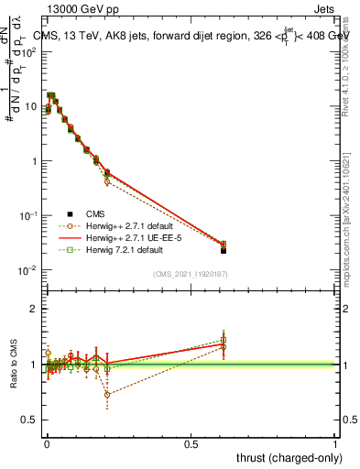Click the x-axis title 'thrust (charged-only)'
pos(285,457)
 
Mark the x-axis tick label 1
pos(335,443)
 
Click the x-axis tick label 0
pos(46,443)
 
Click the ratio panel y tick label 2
pos(33,309)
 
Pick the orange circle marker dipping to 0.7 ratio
pos(107,395)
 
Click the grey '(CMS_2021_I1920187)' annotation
pos(190,273)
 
